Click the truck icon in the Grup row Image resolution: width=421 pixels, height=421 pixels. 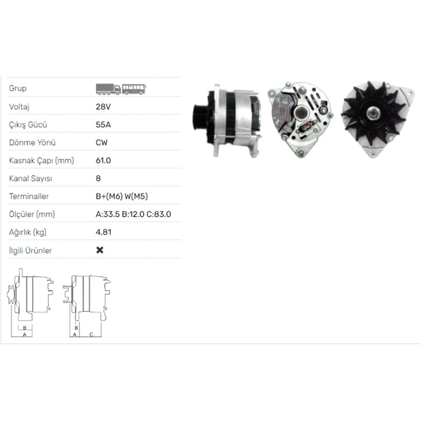point(108,89)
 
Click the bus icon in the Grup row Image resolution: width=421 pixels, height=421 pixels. point(134,89)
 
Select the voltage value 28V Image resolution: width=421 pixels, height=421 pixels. point(103,107)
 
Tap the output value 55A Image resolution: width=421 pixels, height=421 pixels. point(103,125)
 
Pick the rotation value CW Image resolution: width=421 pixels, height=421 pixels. point(101,143)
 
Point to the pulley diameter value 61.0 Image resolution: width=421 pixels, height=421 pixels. point(103,160)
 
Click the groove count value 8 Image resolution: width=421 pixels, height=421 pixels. point(98,178)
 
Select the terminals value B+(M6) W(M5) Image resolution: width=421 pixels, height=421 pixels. point(122,196)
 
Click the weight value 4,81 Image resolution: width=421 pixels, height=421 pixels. point(104,232)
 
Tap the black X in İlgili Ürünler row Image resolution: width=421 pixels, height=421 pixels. point(100,250)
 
